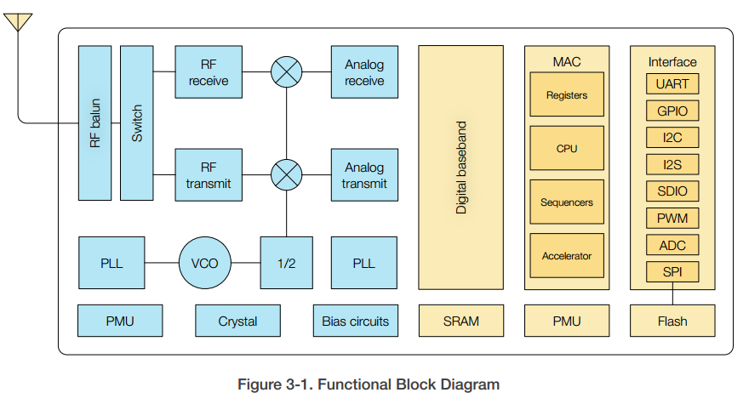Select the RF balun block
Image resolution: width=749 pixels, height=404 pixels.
pos(94,123)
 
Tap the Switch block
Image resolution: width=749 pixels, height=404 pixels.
pos(137,123)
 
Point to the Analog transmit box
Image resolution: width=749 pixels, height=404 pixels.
pos(364,175)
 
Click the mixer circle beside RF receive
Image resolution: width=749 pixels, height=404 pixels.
pos(286,72)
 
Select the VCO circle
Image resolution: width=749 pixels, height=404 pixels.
pos(205,263)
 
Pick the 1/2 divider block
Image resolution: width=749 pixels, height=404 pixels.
pos(286,263)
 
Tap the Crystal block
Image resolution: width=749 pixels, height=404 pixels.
pos(237,321)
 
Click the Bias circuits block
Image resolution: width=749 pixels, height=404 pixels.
pos(355,321)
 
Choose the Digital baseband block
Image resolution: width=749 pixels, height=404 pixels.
pos(460,168)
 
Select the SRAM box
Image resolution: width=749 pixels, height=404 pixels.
pos(460,321)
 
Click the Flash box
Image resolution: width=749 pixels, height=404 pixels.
pos(672,321)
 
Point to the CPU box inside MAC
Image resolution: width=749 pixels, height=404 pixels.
pos(567,149)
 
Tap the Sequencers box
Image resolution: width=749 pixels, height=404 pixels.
pos(567,202)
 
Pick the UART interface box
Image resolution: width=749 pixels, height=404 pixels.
pos(672,83)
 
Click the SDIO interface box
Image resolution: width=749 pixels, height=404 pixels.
pos(672,191)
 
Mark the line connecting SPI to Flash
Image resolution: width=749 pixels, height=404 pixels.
pos(672,294)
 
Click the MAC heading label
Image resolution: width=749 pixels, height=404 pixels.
pos(567,61)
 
